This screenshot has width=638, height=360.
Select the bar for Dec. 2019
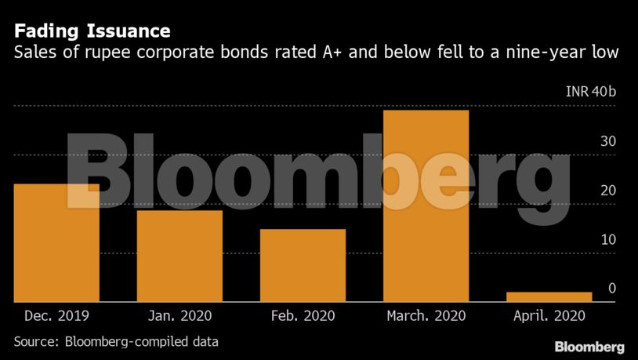[x=56, y=243]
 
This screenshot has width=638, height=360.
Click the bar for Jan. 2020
[x=179, y=256]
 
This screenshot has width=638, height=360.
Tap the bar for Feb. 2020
[x=303, y=265]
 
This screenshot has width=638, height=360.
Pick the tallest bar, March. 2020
[x=426, y=205]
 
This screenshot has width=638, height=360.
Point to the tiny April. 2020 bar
[x=549, y=296]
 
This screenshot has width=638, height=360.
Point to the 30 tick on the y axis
[x=608, y=142]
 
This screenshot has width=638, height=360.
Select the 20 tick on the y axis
[x=608, y=191]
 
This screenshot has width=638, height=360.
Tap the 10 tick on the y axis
[x=608, y=239]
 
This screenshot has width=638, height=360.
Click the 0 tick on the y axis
[x=612, y=289]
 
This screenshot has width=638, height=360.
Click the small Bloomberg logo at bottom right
[x=589, y=346]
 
